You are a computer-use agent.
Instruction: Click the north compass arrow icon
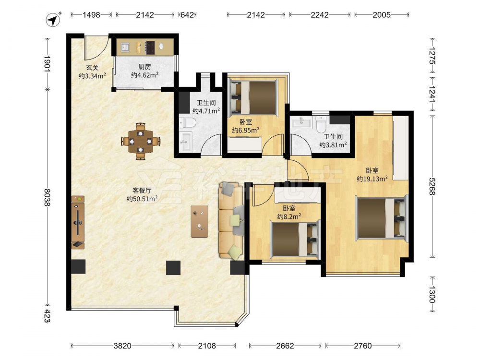pyautogui.click(x=53, y=20)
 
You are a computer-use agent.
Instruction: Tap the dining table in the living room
pyautogui.click(x=141, y=142)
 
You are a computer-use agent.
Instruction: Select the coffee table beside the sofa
pyautogui.click(x=200, y=221)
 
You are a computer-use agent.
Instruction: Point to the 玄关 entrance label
pyautogui.click(x=92, y=68)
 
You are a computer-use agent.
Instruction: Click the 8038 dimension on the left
pyautogui.click(x=47, y=197)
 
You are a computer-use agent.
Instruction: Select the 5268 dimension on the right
pyautogui.click(x=432, y=186)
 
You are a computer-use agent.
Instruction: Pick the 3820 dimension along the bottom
pyautogui.click(x=122, y=346)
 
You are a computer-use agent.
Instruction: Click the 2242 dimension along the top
pyautogui.click(x=320, y=15)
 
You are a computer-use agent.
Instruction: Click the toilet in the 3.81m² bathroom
pyautogui.click(x=322, y=123)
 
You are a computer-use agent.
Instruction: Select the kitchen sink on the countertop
pyautogui.click(x=125, y=47)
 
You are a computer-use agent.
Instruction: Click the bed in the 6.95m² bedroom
pyautogui.click(x=254, y=97)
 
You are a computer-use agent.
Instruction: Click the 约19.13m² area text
pyautogui.click(x=372, y=179)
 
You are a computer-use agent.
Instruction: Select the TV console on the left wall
pyautogui.click(x=78, y=223)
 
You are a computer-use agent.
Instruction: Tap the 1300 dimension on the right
pyautogui.click(x=432, y=294)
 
